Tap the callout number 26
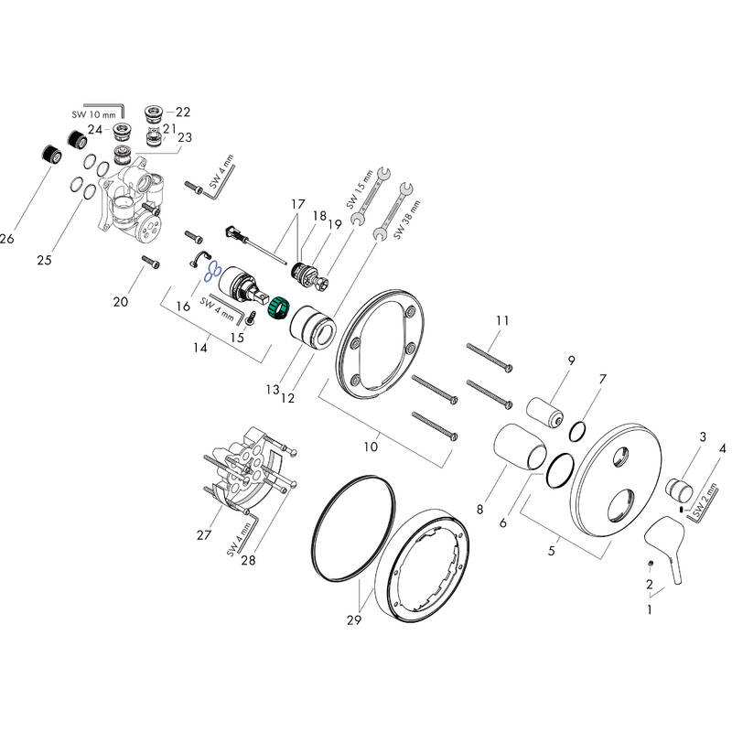coord(7,239)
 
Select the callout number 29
coord(354,619)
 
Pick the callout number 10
coord(371,447)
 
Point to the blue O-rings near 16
coord(212,271)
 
